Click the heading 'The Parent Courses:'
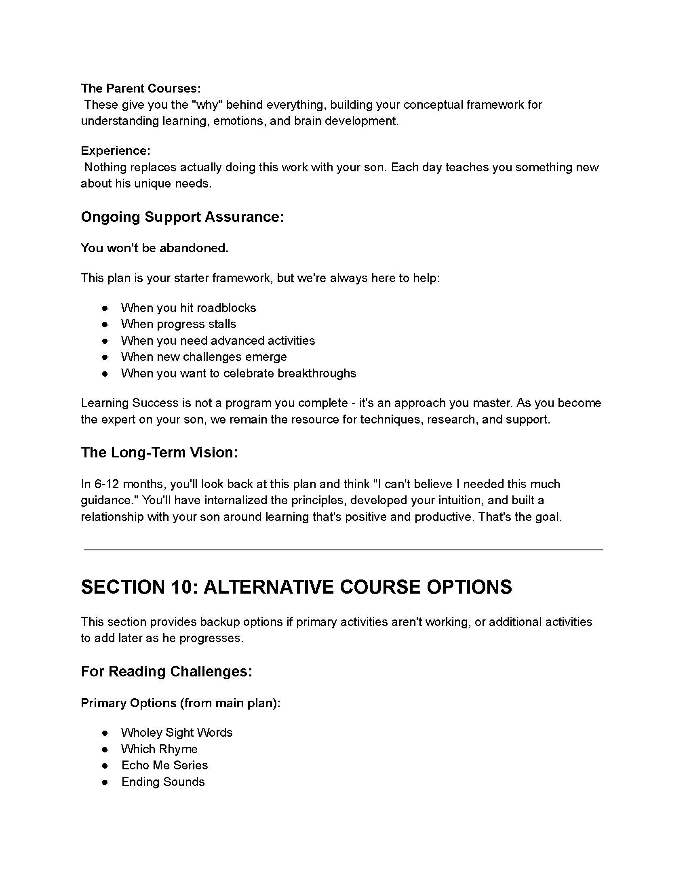coord(141,88)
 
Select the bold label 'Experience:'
coord(116,151)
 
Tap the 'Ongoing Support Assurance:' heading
coord(182,217)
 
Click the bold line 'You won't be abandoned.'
coord(155,248)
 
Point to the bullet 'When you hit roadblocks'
coord(188,308)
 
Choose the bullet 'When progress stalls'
coord(179,324)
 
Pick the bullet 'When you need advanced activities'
coord(218,340)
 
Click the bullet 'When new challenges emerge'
coord(204,357)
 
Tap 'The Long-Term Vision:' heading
coord(160,452)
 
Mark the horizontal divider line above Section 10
coord(343,550)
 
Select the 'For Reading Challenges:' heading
coord(167,671)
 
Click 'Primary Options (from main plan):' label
coord(181,703)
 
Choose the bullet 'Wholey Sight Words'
coord(177,733)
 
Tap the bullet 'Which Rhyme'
coord(160,749)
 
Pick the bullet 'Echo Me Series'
coord(165,765)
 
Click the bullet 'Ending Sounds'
coord(163,782)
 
